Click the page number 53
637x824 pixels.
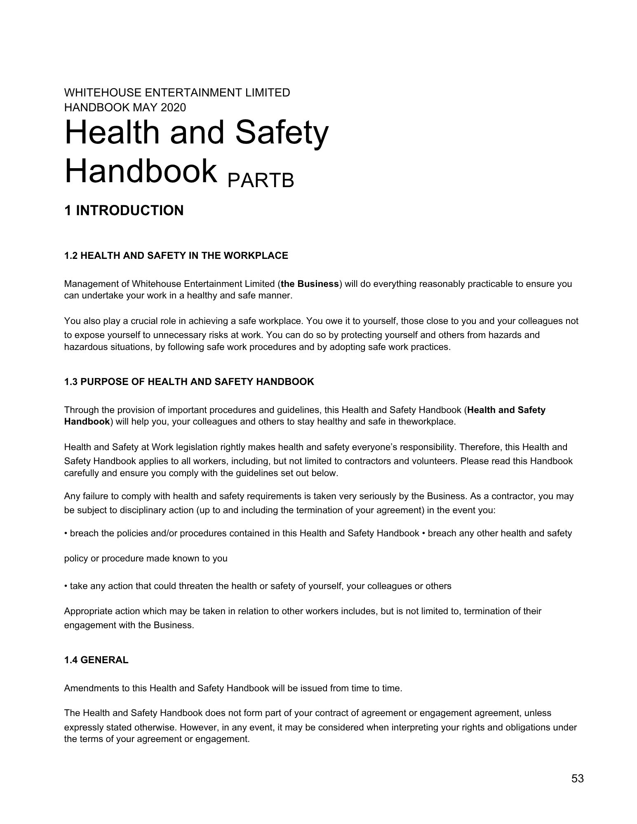[x=577, y=779]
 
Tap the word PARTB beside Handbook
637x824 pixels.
[x=261, y=180]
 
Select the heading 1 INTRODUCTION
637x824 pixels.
[x=124, y=211]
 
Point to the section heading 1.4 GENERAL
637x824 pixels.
[x=96, y=660]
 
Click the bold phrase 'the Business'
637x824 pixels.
[x=310, y=284]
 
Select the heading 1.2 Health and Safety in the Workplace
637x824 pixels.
[x=176, y=256]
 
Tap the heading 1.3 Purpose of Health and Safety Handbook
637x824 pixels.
[x=189, y=382]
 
